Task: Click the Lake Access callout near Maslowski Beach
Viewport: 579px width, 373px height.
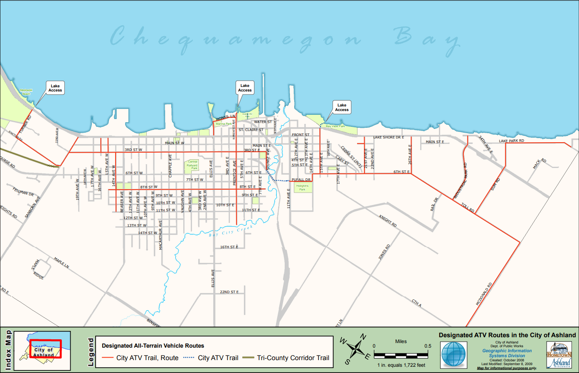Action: [x=55, y=88]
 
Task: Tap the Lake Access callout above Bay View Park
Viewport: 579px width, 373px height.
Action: [x=342, y=107]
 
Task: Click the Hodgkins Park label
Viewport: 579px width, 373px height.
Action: [x=302, y=188]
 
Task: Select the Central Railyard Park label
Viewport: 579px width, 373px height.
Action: [x=192, y=165]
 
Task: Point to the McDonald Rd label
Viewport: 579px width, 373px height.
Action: [x=484, y=294]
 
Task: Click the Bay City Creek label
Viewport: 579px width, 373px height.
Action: [x=231, y=231]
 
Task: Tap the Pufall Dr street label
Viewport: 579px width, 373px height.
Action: [x=301, y=180]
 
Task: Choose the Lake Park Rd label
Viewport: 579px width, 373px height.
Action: [x=511, y=141]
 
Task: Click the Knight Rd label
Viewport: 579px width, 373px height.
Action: [x=388, y=220]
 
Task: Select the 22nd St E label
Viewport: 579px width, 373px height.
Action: [x=229, y=292]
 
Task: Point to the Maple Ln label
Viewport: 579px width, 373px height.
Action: [x=62, y=263]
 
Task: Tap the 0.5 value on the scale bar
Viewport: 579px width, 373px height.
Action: [x=428, y=346]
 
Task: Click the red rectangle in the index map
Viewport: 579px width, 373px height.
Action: [x=45, y=348]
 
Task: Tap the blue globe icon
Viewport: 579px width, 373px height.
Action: [x=454, y=354]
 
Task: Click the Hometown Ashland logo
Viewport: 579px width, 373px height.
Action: [x=559, y=355]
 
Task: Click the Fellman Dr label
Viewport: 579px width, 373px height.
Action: [x=23, y=192]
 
